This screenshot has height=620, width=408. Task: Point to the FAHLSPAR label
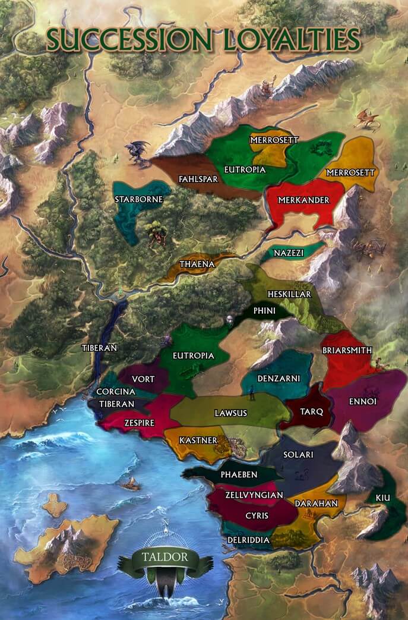click(199, 178)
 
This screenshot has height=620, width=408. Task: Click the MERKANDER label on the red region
click(303, 200)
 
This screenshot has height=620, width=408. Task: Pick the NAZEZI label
click(289, 253)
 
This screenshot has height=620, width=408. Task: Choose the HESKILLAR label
click(289, 294)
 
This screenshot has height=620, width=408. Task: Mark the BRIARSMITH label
click(347, 350)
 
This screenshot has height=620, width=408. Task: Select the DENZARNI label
click(279, 378)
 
